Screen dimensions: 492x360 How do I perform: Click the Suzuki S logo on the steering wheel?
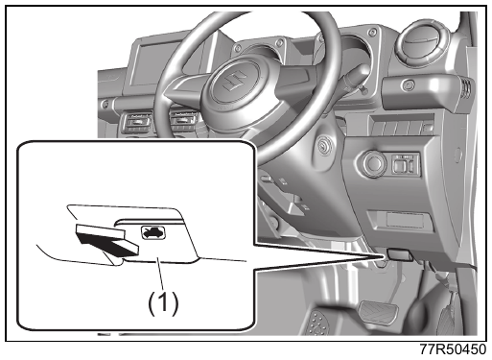point(234,81)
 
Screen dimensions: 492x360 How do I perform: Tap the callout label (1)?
point(163,302)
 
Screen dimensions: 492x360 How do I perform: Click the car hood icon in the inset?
point(153,232)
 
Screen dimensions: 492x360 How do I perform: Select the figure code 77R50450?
point(453,349)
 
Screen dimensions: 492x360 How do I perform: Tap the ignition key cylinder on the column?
point(325,147)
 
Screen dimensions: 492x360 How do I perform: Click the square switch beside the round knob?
point(405,164)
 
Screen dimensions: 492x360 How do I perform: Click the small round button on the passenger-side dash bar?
point(408,85)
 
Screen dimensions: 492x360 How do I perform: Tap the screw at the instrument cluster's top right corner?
point(372,32)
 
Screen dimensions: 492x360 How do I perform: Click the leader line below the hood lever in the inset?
point(161,276)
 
